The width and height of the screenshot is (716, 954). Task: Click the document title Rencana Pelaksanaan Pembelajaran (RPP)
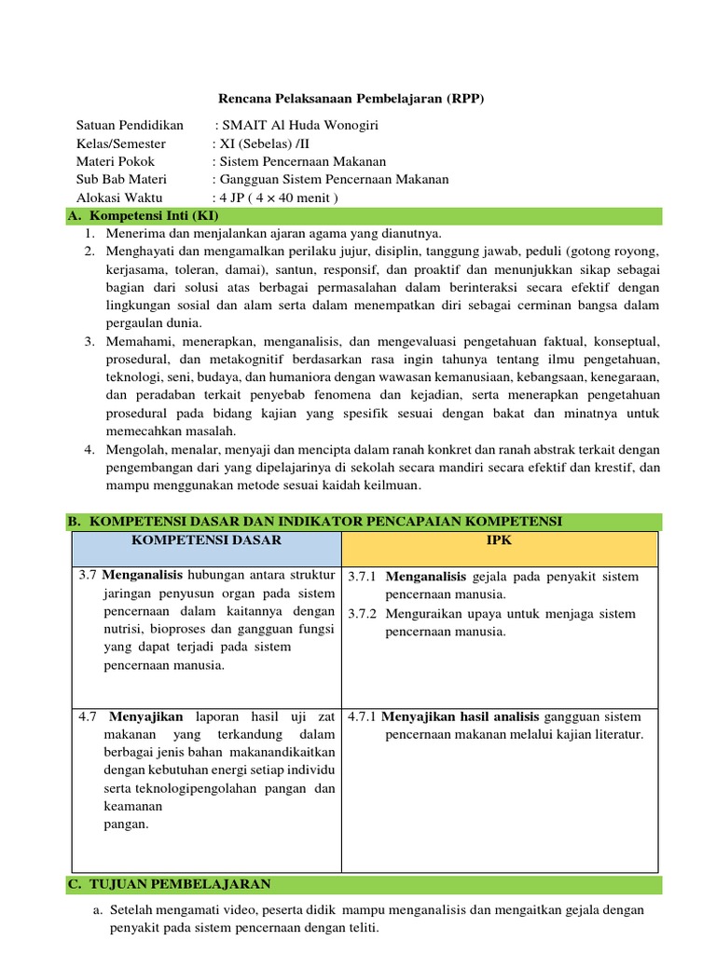pos(351,98)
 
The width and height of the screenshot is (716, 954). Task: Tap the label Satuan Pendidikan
pos(130,126)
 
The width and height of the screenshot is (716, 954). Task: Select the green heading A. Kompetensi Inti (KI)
pos(144,216)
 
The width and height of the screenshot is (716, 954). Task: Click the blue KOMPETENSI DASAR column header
pos(206,540)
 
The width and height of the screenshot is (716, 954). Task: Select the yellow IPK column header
pos(500,540)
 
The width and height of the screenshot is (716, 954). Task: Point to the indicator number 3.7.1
pos(362,578)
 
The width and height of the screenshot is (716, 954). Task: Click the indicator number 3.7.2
pos(362,614)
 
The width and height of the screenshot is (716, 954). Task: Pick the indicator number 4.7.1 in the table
pos(362,716)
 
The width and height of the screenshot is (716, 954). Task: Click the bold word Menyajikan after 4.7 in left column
pos(146,716)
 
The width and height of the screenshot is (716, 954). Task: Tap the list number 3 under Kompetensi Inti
pos(89,342)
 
